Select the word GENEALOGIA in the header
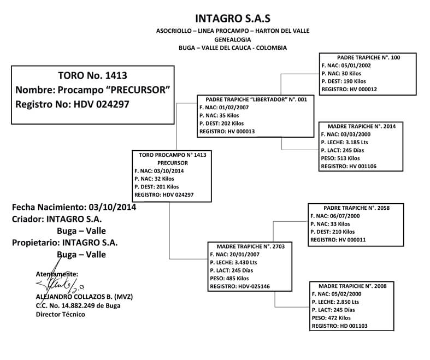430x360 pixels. tap(233, 39)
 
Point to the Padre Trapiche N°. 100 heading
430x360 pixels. tap(368, 57)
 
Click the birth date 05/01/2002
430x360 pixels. tap(356, 65)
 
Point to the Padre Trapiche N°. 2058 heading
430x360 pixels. tap(356, 208)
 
